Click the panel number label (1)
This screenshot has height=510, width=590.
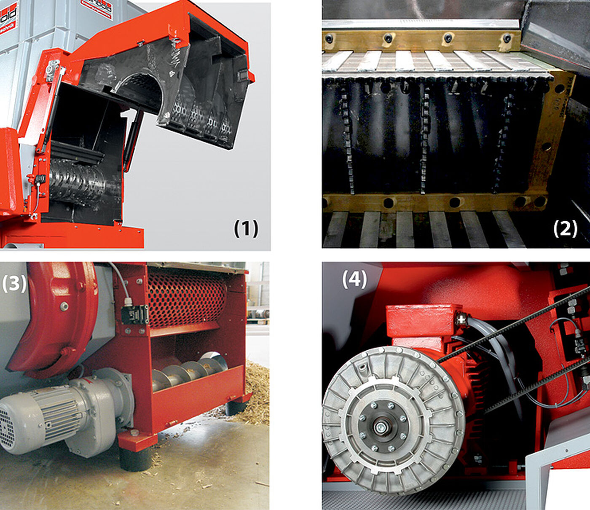pyautogui.click(x=246, y=228)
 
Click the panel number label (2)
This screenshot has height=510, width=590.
pyautogui.click(x=565, y=228)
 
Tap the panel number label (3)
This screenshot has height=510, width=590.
pyautogui.click(x=14, y=284)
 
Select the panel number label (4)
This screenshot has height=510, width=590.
pyautogui.click(x=354, y=279)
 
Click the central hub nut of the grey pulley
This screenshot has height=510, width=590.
pyautogui.click(x=381, y=428)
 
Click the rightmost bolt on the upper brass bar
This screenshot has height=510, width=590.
pyautogui.click(x=507, y=38)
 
